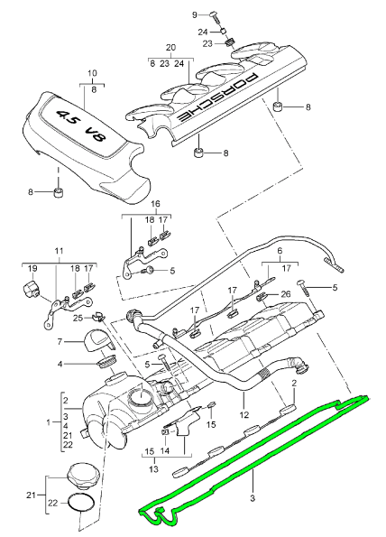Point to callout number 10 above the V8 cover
tap(91, 72)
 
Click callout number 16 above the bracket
tap(154, 205)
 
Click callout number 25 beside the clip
tap(78, 317)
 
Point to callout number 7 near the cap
tap(60, 342)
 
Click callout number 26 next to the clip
tap(286, 293)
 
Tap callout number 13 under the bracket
tap(154, 469)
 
